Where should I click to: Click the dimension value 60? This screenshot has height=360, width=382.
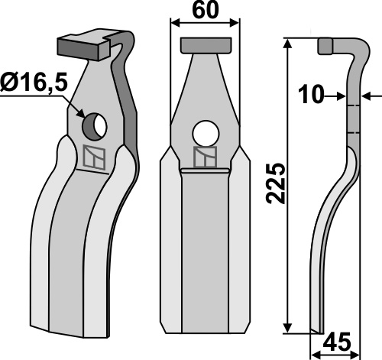click(206, 11)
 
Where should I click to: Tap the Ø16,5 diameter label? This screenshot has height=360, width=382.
click(34, 82)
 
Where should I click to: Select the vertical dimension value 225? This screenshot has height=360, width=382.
click(275, 183)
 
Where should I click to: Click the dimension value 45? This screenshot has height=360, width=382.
click(337, 342)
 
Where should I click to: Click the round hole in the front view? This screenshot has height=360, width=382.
click(206, 134)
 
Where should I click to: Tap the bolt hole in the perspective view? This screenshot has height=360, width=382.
click(94, 126)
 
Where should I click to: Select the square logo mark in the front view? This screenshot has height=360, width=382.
click(206, 157)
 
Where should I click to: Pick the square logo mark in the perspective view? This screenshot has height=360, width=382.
click(94, 157)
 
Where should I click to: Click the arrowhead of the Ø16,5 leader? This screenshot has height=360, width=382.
click(80, 113)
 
